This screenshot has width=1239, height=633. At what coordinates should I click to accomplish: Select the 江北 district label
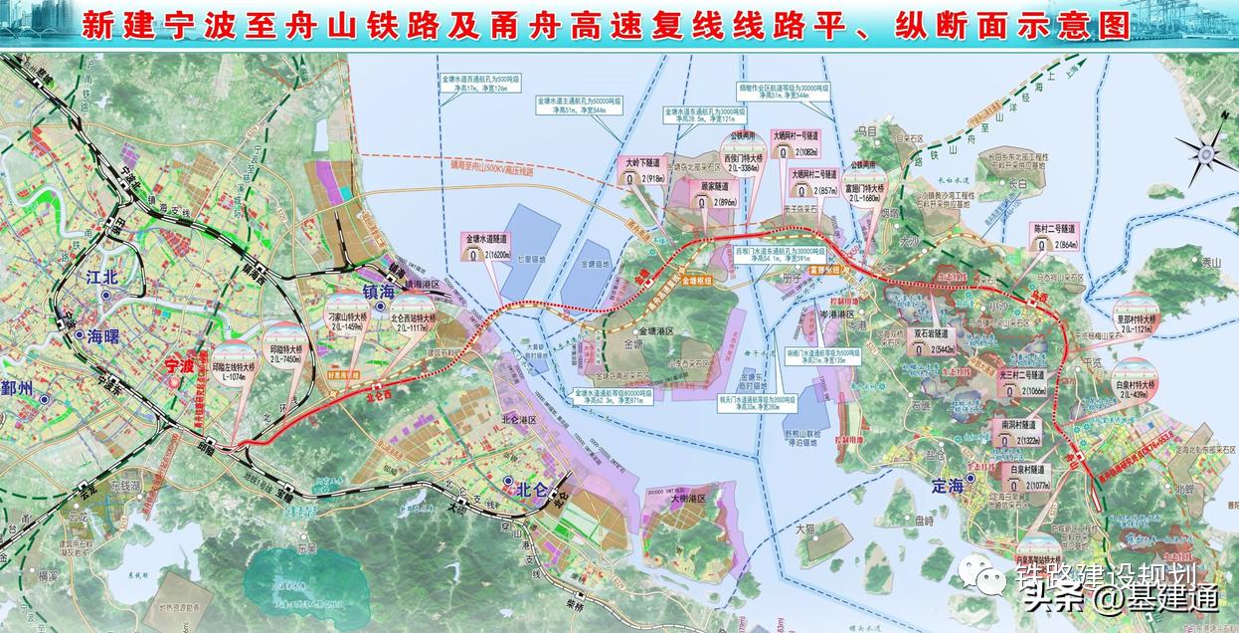click(102, 278)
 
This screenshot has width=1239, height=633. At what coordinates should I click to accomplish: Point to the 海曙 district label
click(103, 335)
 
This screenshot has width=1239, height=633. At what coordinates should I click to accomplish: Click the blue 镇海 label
click(379, 291)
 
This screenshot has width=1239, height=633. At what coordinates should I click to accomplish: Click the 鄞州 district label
click(17, 388)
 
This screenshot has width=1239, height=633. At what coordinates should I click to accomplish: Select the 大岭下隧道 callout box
click(641, 169)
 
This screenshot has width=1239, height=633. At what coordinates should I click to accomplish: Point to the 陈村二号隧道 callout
click(1054, 236)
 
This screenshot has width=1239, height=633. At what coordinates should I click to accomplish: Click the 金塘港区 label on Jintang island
click(656, 330)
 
